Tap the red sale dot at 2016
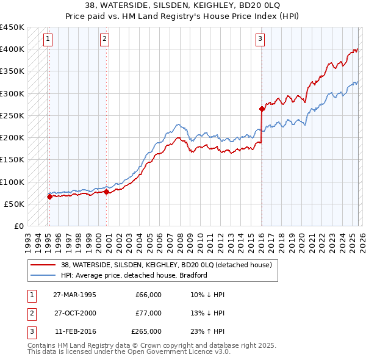(x=262, y=109)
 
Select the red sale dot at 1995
(x=49, y=196)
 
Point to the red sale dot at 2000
(x=106, y=192)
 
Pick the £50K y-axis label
(x=15, y=204)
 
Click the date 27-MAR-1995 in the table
(x=74, y=295)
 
